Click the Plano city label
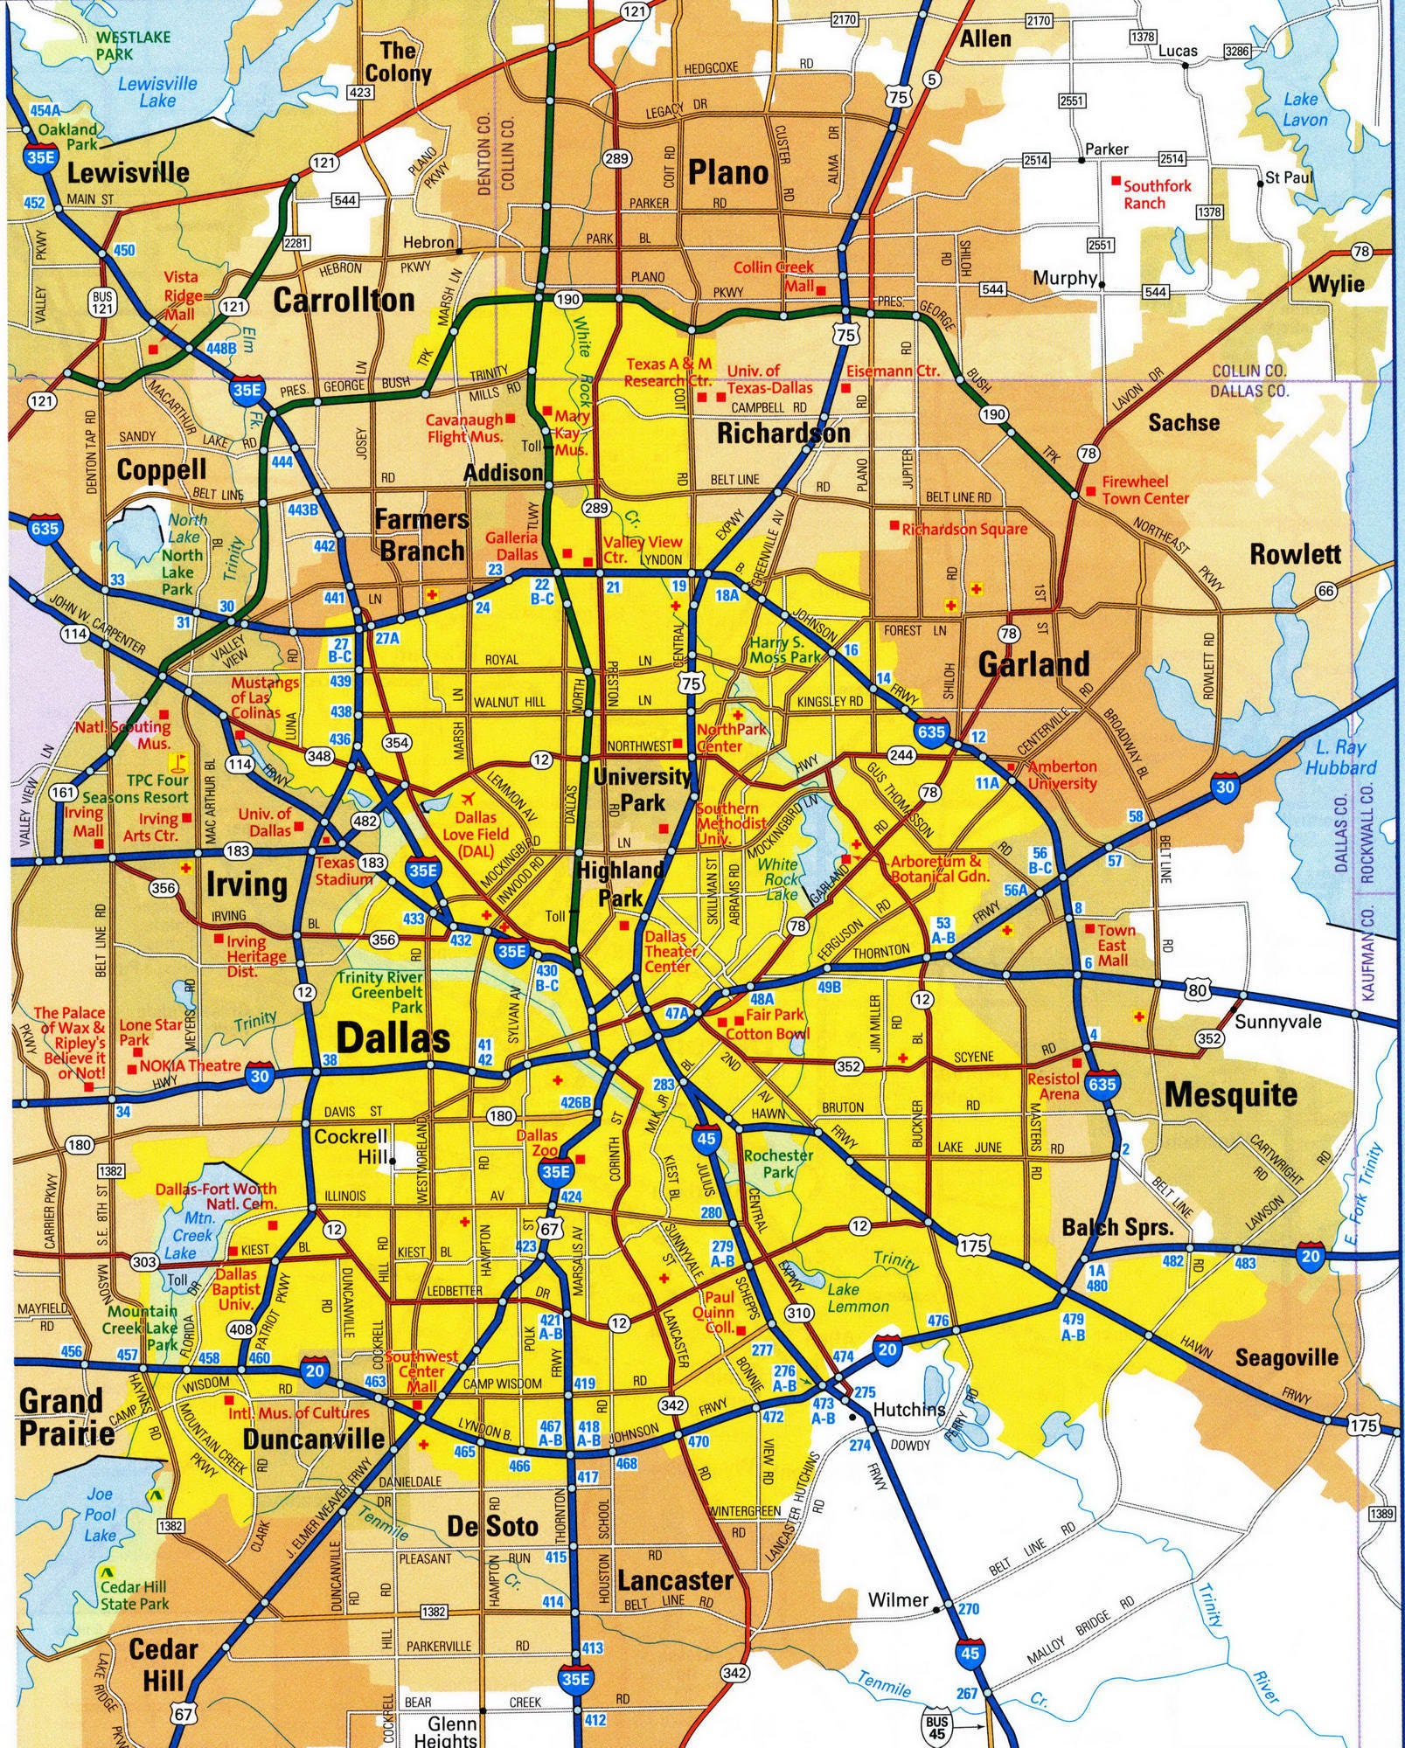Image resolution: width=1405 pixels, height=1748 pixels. click(727, 173)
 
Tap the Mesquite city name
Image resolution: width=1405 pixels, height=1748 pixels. click(1230, 1094)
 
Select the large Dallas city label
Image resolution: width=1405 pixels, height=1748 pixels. click(393, 1038)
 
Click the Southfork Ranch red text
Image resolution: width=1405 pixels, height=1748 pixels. click(1156, 194)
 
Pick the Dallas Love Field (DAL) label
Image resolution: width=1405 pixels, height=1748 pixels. click(476, 834)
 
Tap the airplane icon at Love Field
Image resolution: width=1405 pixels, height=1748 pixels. click(467, 799)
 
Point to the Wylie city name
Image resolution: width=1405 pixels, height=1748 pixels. click(1336, 284)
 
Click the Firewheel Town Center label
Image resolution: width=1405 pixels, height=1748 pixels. click(1144, 489)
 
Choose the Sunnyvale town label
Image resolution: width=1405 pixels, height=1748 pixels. click(1277, 1021)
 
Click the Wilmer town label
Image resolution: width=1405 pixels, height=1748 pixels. click(898, 1599)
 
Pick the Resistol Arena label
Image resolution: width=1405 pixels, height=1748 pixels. click(1053, 1086)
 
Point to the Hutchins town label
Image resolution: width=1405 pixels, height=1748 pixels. click(909, 1409)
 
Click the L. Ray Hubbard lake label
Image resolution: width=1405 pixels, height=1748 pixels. click(1340, 758)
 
